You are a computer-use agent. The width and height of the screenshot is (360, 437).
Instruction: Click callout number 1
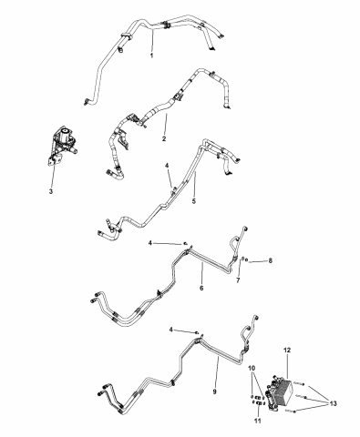[151, 56]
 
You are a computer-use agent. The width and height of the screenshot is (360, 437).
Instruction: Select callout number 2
[164, 138]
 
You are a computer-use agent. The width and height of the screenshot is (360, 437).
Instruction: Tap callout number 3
[51, 191]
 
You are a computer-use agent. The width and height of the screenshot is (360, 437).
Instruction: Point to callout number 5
[194, 201]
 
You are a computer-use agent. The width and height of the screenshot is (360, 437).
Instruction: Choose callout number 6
[201, 288]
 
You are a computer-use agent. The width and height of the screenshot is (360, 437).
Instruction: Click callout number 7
[238, 280]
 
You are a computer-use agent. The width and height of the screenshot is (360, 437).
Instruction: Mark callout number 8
[270, 260]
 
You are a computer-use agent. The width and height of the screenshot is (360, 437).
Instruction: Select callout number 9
[214, 391]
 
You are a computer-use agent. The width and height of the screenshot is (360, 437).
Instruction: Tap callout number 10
[252, 369]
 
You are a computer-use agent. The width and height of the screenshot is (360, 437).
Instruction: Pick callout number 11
[258, 421]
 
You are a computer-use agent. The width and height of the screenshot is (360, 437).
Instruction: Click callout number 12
[287, 350]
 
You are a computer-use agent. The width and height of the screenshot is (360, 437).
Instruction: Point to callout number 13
[333, 403]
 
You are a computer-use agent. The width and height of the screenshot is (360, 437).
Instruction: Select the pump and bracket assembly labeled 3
[63, 146]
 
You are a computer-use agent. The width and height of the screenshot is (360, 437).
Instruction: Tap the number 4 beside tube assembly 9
[171, 330]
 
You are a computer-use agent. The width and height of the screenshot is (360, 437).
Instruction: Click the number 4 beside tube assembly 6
[150, 243]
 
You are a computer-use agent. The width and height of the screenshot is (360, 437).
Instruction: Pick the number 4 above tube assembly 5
[167, 166]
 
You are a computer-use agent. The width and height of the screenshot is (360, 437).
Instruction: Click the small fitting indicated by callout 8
[247, 260]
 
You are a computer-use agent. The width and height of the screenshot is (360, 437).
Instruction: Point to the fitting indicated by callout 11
[259, 403]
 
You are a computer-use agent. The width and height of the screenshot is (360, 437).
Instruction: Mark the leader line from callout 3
[53, 173]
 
